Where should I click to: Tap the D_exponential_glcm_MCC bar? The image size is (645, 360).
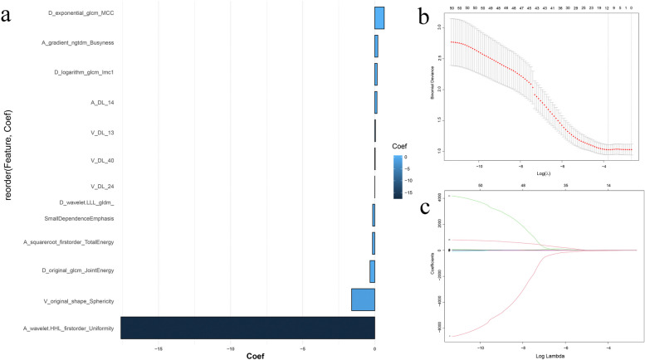point(379,18)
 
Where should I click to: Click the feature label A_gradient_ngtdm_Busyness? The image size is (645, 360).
point(78,42)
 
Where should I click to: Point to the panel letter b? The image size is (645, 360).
point(423,17)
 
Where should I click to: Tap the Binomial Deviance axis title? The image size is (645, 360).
point(432,86)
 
